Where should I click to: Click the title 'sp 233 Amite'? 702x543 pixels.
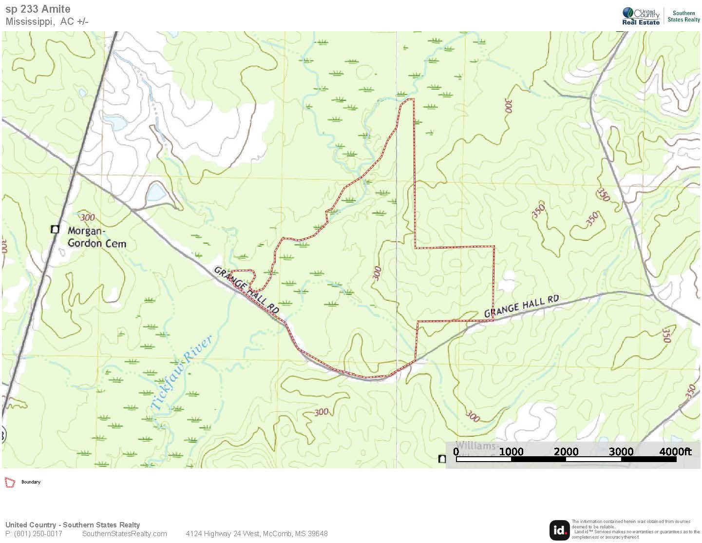click(38, 9)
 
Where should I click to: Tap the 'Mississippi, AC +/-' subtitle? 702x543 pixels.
click(47, 21)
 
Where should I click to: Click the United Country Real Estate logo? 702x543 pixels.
click(641, 16)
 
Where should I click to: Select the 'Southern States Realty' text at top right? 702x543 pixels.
click(683, 17)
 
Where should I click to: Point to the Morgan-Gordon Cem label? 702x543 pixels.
click(96, 237)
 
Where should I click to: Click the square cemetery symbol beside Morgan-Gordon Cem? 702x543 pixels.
click(55, 229)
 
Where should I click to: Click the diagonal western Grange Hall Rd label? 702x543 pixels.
click(246, 290)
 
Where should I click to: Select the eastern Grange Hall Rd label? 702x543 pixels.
click(521, 306)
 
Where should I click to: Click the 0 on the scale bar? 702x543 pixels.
click(456, 451)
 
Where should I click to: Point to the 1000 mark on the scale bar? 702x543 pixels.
click(511, 451)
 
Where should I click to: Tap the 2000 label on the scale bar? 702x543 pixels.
click(566, 451)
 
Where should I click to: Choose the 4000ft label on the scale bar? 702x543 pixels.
click(675, 451)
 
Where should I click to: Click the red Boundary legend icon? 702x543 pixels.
click(10, 482)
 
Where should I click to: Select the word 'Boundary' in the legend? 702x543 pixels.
click(31, 482)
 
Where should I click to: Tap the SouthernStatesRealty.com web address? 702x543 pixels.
click(124, 534)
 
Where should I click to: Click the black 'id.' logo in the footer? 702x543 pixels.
click(559, 530)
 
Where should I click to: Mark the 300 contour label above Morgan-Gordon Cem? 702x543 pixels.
click(88, 217)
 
